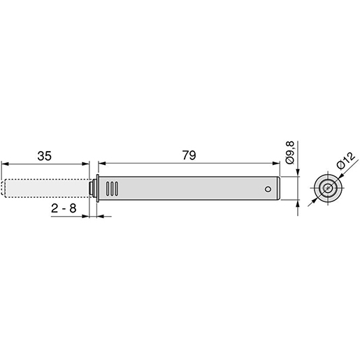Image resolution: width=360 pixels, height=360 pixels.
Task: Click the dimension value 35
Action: pos(44,156)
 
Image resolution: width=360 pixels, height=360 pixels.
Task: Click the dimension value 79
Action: pos(189,155)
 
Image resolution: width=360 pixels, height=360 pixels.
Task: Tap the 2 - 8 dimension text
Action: pos(64,208)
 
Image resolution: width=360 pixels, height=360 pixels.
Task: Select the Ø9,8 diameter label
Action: pos(290,152)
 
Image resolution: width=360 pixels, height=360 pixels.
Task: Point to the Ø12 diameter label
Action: pos(346,161)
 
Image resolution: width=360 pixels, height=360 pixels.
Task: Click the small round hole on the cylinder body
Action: pos(268,189)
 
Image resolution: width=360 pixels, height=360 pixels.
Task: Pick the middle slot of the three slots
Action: pos(112,189)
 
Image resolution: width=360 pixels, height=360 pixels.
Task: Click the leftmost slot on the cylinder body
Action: pos(108,189)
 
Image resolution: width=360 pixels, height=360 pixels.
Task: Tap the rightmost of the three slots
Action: pos(116,189)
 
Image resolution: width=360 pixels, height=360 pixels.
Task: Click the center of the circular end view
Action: pos(328,188)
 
